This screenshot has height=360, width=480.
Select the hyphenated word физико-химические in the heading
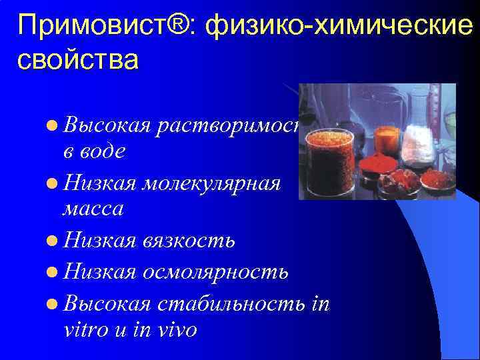pyautogui.click(x=340, y=27)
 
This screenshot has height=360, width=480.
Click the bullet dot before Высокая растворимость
pyautogui.click(x=53, y=124)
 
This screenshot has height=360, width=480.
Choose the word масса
pyautogui.click(x=93, y=209)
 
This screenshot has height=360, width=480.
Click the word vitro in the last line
pyautogui.click(x=85, y=330)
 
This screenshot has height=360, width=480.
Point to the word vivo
pyautogui.click(x=174, y=330)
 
